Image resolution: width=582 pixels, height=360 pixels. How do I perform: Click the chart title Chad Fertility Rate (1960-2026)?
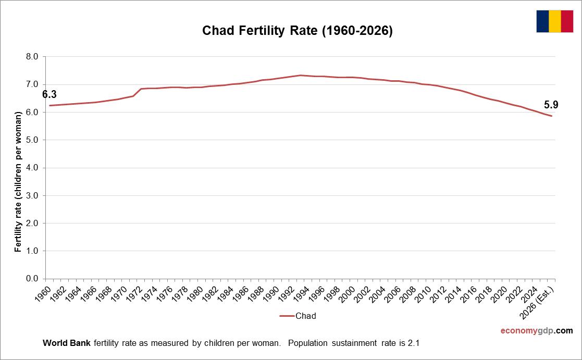(x=297, y=31)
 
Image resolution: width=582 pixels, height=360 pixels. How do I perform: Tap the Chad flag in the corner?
(x=554, y=21)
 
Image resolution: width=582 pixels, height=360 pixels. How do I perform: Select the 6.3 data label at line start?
(x=49, y=94)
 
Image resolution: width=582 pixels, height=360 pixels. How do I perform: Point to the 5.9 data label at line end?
(x=551, y=105)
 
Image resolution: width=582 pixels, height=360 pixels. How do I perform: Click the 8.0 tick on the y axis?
(x=32, y=57)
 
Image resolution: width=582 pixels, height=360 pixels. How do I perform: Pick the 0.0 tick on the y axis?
(x=32, y=279)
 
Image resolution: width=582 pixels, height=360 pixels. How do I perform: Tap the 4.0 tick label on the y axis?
(x=32, y=168)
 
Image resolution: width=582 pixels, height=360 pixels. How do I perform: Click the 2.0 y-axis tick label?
(x=32, y=223)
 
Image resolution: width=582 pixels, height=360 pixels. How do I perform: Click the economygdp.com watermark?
(x=536, y=331)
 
